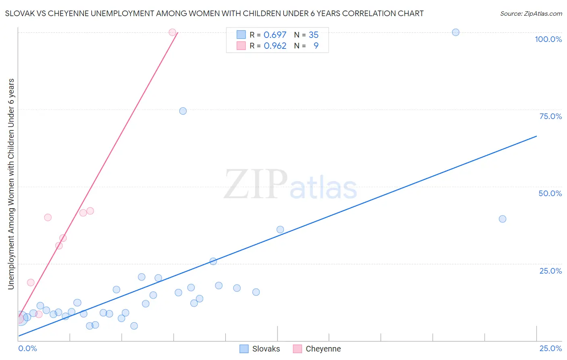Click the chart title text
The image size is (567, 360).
[x=214, y=13]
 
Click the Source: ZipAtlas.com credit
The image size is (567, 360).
[x=531, y=13]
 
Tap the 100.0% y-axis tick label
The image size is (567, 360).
[x=548, y=39]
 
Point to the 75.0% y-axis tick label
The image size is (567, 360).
[x=550, y=116]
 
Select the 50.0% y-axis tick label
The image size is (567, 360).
[x=550, y=193]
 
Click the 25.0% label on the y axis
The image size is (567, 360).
[x=550, y=270]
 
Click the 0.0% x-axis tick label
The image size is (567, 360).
[x=28, y=348]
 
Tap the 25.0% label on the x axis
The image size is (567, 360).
[x=550, y=348]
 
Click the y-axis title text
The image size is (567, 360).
[x=11, y=184]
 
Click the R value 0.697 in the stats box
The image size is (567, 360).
[x=275, y=35]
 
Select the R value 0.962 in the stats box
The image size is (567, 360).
[x=275, y=46]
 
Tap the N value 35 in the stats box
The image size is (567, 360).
[x=313, y=35]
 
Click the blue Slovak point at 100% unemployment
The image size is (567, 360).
[x=456, y=32]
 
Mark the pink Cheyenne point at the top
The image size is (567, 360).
[x=172, y=32]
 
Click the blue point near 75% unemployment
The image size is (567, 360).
[x=183, y=111]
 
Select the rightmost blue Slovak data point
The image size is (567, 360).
[x=502, y=219]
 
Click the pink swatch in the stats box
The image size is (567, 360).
[x=241, y=46]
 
